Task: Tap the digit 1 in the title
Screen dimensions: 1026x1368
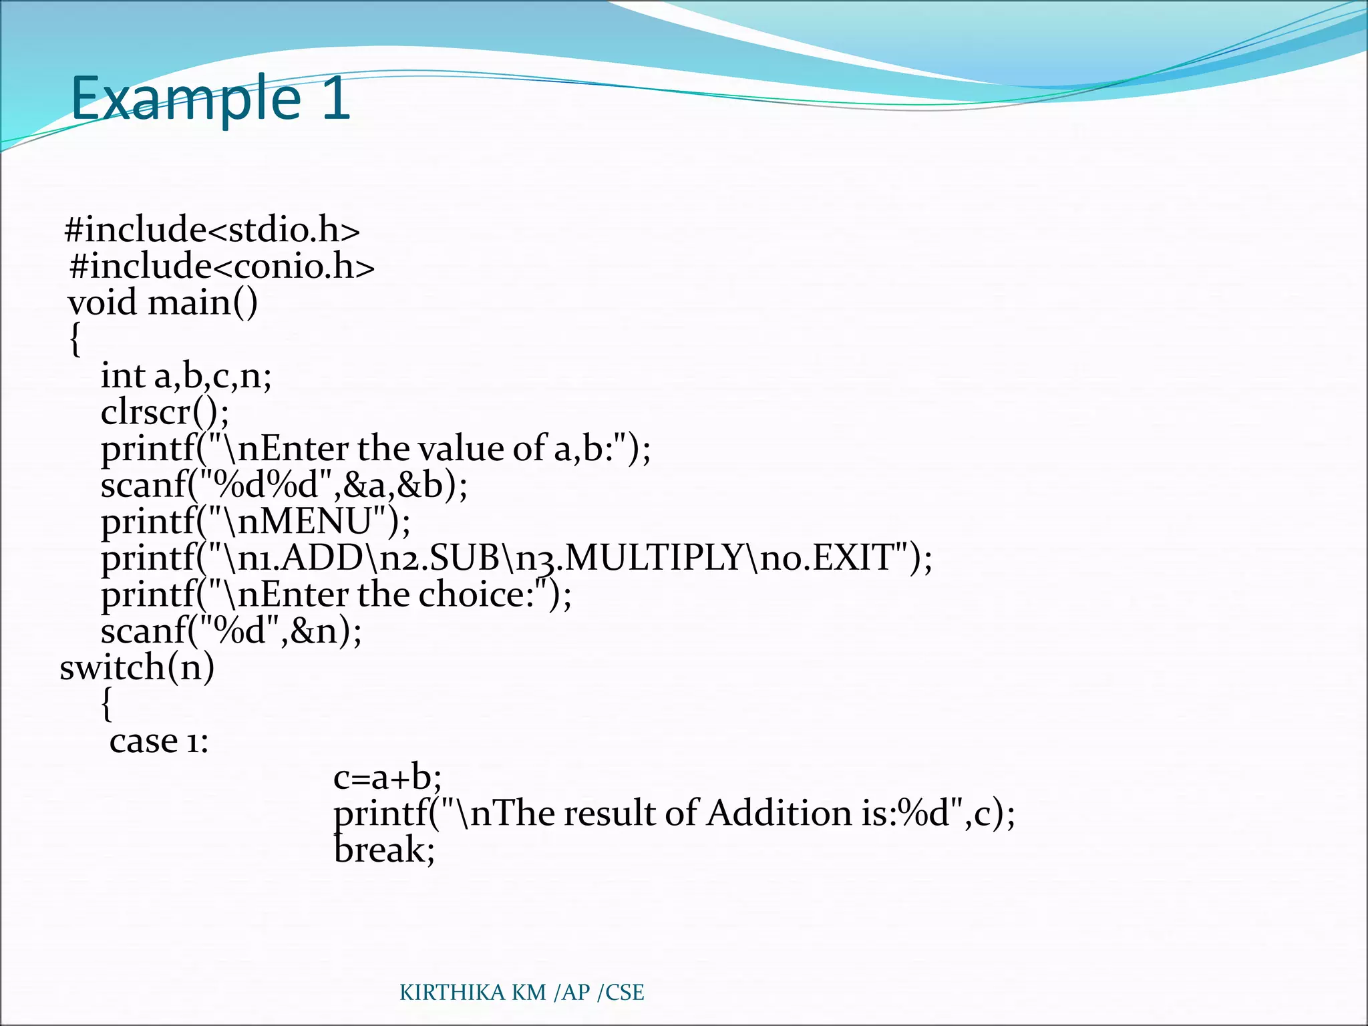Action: tap(336, 99)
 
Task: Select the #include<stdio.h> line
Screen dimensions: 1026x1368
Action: tap(212, 230)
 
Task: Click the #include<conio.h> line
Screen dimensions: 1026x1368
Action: tap(222, 266)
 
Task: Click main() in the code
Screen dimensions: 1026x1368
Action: tap(202, 303)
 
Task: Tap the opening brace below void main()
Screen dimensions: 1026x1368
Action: tap(75, 339)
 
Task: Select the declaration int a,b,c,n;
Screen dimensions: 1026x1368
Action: tap(186, 376)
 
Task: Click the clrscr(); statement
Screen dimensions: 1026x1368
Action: tap(165, 412)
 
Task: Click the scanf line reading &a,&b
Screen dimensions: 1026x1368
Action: tap(285, 485)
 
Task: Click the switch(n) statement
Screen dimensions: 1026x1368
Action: tap(137, 667)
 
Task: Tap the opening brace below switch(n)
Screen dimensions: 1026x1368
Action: tap(106, 704)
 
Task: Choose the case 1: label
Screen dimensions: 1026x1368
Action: tap(159, 741)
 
